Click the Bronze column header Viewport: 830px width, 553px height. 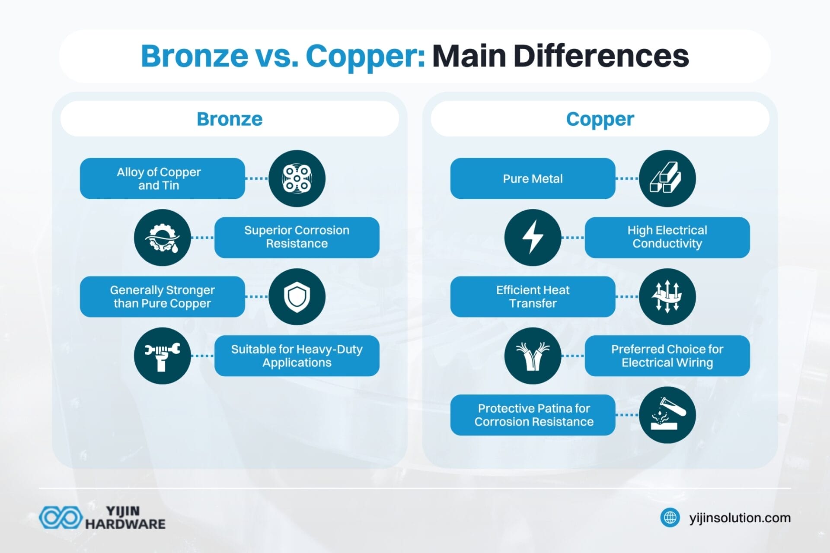click(x=230, y=119)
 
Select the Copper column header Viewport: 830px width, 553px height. click(x=600, y=119)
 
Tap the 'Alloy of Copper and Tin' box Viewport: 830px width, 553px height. click(x=162, y=178)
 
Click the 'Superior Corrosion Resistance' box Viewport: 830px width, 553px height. click(x=297, y=237)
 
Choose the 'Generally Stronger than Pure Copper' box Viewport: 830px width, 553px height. click(x=162, y=296)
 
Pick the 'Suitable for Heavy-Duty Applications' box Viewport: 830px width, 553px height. click(x=297, y=356)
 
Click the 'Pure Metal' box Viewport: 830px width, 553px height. click(x=533, y=178)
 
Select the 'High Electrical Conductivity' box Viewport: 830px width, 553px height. click(x=667, y=237)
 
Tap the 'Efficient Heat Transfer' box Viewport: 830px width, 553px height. click(x=533, y=296)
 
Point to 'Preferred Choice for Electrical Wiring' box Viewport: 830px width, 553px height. click(x=667, y=356)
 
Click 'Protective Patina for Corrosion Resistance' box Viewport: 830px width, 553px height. click(x=533, y=415)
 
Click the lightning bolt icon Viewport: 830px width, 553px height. click(x=533, y=237)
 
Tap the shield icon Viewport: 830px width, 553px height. click(x=297, y=296)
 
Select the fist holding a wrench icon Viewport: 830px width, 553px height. click(x=162, y=356)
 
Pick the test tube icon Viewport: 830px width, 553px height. click(x=667, y=415)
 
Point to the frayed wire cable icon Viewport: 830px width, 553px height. click(x=533, y=356)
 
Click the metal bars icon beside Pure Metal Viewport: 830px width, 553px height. click(x=667, y=178)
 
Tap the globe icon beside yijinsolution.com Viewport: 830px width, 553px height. click(x=670, y=518)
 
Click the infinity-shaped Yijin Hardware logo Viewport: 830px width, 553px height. click(x=61, y=518)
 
